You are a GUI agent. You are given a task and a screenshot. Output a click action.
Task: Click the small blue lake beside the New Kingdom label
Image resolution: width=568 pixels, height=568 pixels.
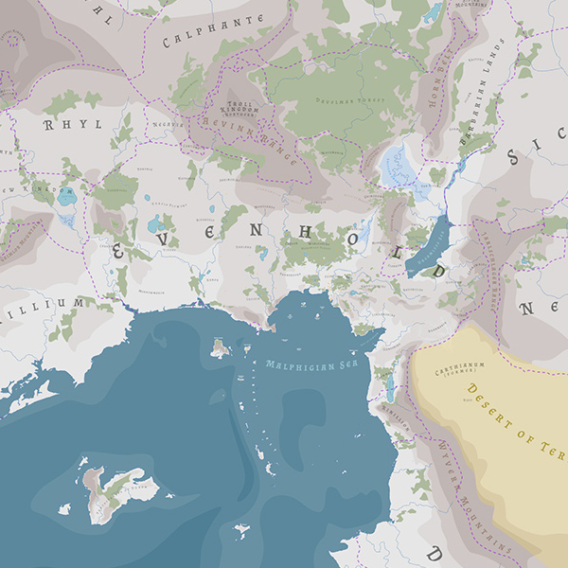pyautogui.click(x=65, y=198)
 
